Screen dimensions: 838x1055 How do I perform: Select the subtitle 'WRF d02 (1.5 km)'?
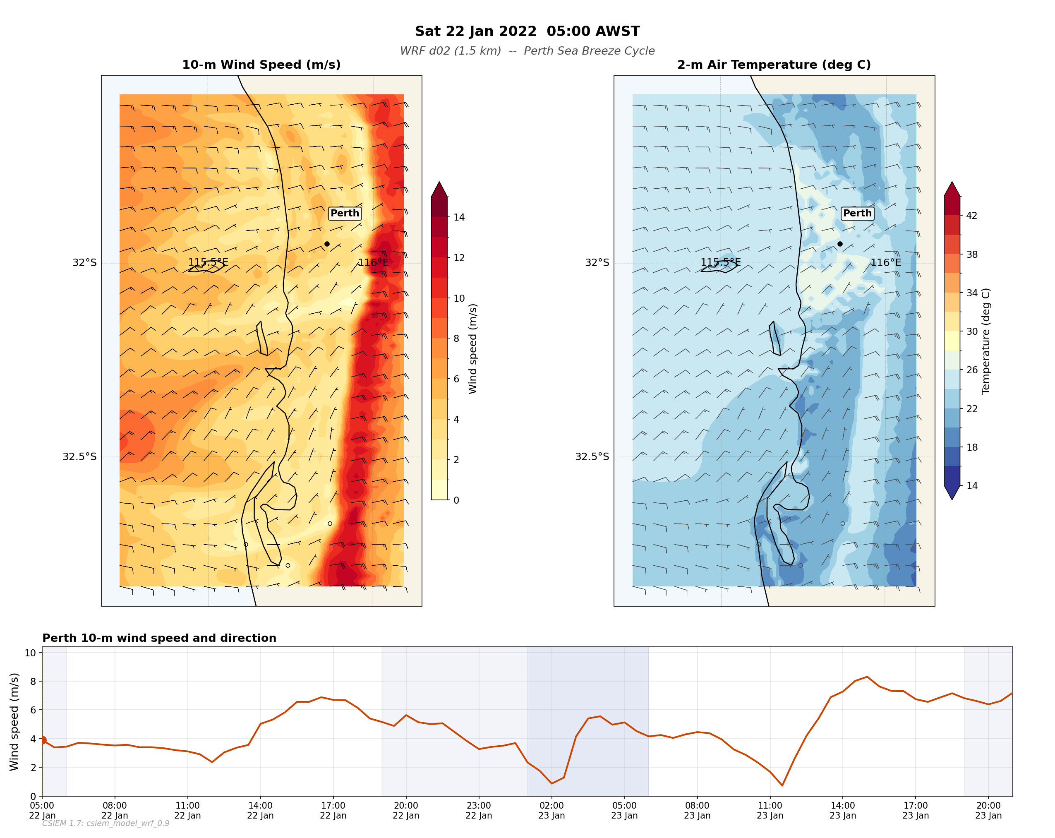[450, 51]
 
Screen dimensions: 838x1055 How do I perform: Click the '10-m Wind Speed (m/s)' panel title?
[261, 65]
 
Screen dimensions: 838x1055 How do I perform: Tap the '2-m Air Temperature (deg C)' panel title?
[774, 65]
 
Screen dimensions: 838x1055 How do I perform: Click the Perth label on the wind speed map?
[345, 213]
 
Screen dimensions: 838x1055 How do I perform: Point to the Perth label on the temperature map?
[857, 213]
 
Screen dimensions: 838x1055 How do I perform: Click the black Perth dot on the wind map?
[327, 244]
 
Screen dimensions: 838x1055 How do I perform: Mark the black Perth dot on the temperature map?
[840, 244]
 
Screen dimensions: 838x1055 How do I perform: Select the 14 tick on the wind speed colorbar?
[458, 217]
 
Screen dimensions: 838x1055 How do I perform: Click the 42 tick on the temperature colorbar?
[971, 215]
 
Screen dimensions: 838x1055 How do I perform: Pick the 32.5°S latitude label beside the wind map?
[79, 457]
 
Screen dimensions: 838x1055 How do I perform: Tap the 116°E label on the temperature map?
[885, 262]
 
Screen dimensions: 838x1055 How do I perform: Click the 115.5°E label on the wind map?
[208, 262]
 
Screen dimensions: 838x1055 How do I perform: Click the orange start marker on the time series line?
[43, 740]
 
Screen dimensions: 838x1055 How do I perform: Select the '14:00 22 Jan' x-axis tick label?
[260, 810]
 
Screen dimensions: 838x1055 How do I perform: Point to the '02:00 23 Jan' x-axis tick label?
[551, 810]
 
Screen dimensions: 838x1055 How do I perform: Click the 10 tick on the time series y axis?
[30, 653]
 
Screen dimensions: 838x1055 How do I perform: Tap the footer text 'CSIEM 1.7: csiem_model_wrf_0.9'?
[105, 824]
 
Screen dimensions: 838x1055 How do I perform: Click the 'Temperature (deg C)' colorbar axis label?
[985, 341]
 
